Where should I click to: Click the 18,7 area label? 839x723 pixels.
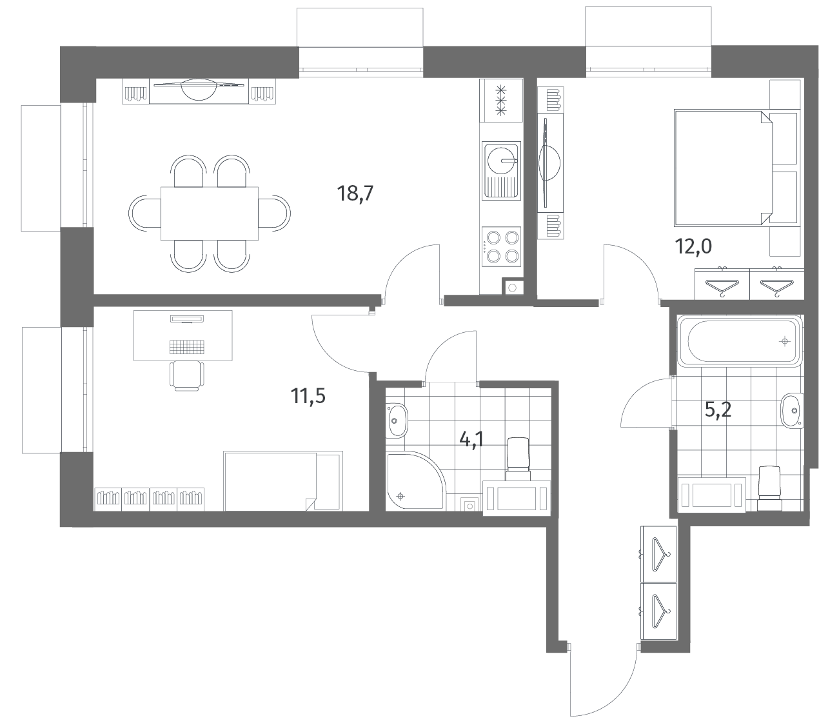355,193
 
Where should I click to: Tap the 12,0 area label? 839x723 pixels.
693,246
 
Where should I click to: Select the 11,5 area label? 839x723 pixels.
308,396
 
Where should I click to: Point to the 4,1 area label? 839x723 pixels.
471,439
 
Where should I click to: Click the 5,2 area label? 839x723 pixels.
718,410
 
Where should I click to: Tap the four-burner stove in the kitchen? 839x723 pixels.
501,246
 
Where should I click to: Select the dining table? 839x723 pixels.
210,213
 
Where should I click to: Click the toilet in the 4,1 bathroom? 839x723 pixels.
518,459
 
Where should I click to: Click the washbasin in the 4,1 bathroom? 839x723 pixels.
397,421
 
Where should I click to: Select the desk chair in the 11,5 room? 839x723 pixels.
187,375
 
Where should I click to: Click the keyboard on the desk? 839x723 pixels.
187,346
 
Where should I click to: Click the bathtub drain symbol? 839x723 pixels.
785,342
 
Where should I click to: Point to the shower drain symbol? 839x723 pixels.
401,496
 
